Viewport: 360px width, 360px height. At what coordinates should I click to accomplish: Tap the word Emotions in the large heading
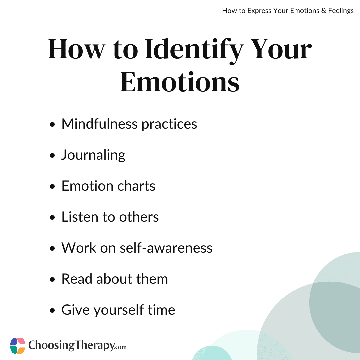click(180, 82)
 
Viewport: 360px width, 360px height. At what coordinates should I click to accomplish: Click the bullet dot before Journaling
click(52, 155)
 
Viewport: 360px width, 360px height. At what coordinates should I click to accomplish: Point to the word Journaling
click(93, 155)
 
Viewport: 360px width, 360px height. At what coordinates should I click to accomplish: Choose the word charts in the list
click(136, 186)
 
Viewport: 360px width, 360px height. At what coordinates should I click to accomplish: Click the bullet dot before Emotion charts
click(52, 186)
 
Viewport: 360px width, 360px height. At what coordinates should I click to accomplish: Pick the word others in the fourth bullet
click(139, 217)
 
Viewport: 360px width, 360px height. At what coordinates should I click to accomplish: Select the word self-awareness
click(166, 248)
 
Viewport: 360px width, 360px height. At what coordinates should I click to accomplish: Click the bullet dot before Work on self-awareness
click(52, 248)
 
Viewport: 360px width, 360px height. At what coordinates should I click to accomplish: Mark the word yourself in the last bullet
click(119, 310)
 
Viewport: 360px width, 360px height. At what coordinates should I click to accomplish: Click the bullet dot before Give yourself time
click(52, 310)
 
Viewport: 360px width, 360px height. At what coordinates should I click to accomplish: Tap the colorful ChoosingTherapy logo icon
click(17, 346)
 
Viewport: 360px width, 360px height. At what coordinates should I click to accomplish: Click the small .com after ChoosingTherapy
click(121, 347)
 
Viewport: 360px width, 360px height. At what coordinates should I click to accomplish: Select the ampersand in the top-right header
click(324, 11)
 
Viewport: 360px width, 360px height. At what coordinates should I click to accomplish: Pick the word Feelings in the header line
click(341, 11)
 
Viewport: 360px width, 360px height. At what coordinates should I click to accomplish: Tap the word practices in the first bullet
click(169, 124)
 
